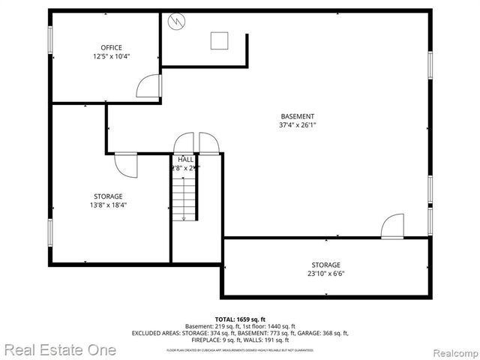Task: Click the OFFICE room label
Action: [111, 48]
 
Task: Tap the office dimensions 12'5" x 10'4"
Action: [111, 56]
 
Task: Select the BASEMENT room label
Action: [297, 116]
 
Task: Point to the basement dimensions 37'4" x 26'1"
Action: [297, 125]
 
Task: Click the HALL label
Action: [186, 160]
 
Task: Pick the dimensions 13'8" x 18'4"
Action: [108, 205]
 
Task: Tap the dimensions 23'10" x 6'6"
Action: [326, 274]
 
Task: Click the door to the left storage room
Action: [125, 164]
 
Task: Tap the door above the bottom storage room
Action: [391, 226]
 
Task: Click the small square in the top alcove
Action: [220, 40]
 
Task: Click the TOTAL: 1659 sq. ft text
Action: [240, 319]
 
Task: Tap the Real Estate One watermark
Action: [59, 349]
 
